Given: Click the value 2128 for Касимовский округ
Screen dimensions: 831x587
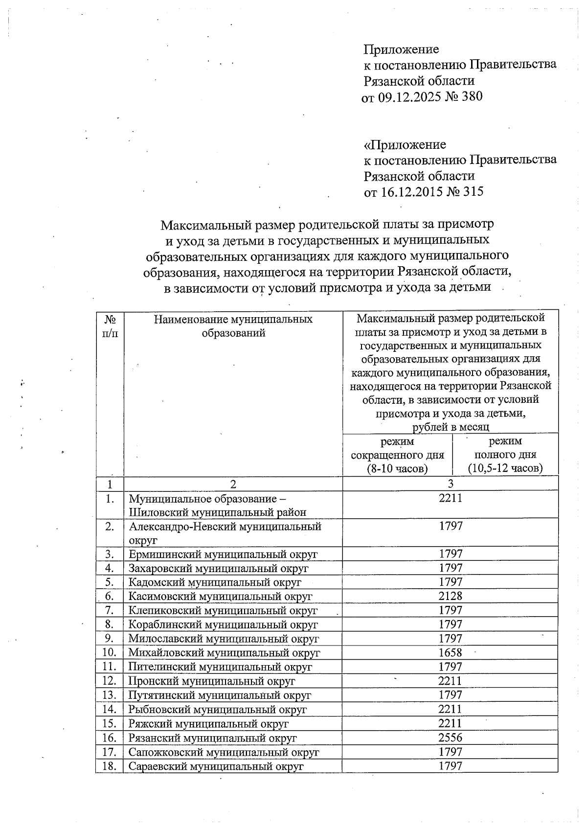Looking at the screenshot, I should [450, 596].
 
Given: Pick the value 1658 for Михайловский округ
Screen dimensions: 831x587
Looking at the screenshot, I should [450, 652].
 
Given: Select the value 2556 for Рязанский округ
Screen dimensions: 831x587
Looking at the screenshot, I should [450, 738].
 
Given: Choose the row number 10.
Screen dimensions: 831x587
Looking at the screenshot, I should [110, 652].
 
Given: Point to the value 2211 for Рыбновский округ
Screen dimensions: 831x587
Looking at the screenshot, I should [450, 709].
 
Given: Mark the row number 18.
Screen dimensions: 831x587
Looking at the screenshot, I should [110, 766].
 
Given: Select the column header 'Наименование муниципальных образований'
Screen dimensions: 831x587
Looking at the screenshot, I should [233, 326].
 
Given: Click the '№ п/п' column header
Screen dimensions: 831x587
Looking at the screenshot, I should [110, 326].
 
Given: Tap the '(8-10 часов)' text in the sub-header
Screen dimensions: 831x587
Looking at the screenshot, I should [397, 468].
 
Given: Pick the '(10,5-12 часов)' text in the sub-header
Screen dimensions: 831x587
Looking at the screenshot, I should [505, 468].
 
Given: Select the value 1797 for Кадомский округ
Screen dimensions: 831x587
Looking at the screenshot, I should [450, 582].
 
